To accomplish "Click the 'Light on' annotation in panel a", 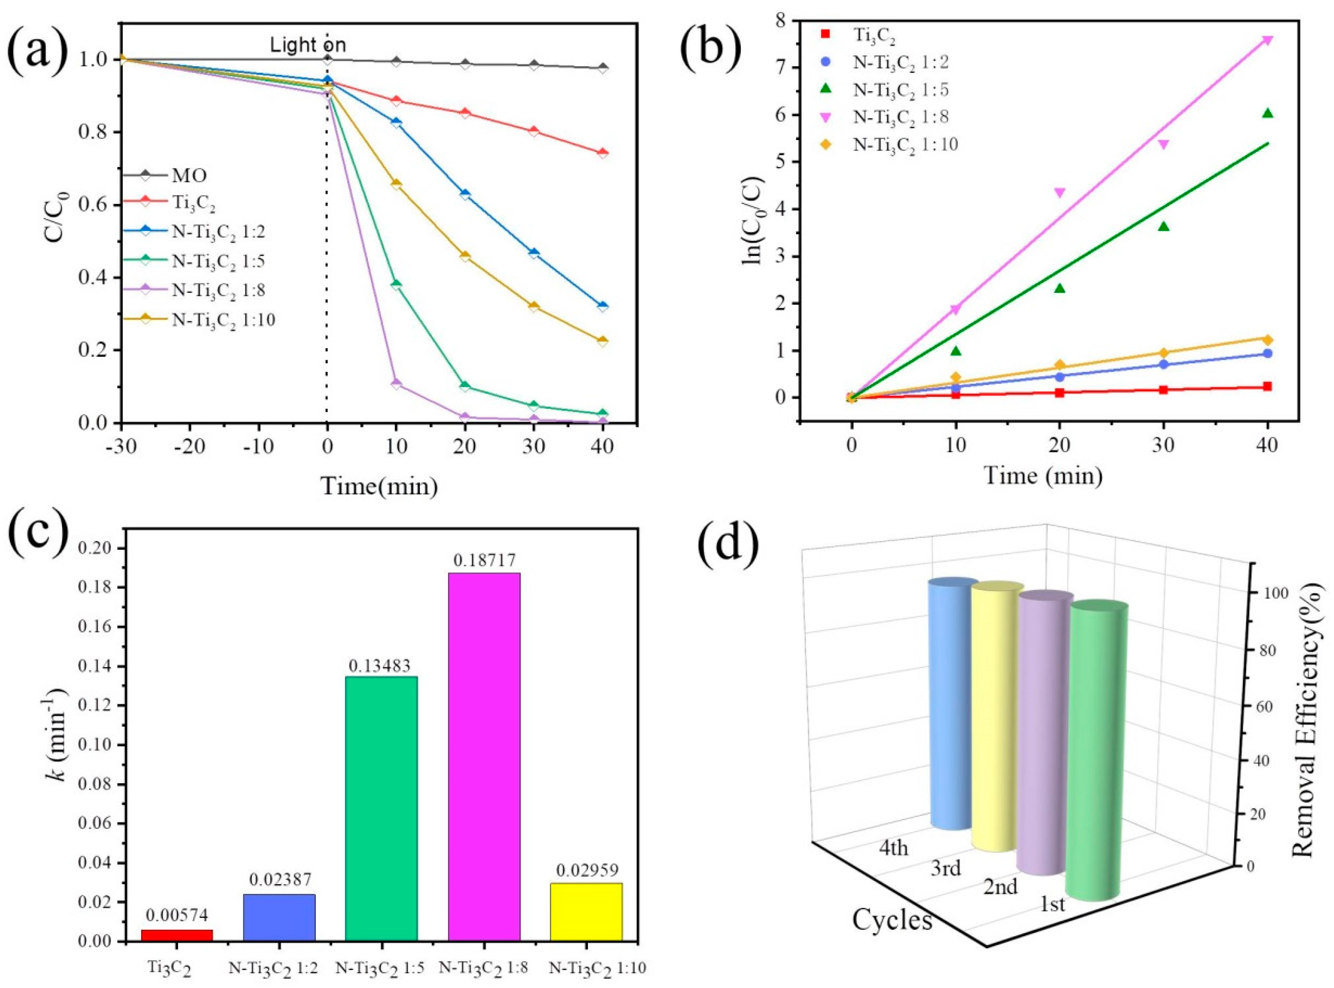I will (308, 45).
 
